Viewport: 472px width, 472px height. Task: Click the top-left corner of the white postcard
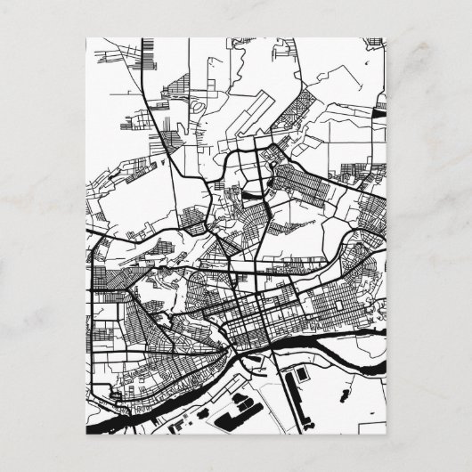pos(85,37)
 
